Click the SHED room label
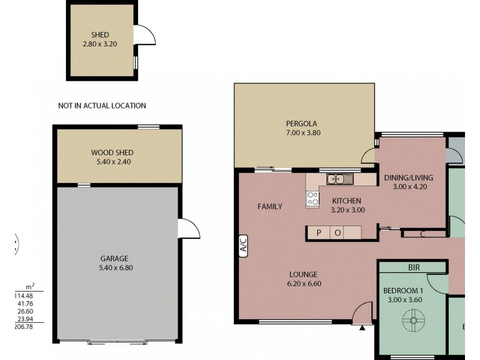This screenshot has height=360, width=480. (100, 34)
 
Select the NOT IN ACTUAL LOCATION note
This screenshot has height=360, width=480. (102, 106)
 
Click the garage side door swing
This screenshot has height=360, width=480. (189, 229)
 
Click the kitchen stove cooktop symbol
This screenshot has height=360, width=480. (313, 199)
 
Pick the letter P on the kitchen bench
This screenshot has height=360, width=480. (319, 233)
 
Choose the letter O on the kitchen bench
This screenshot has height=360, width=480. (337, 233)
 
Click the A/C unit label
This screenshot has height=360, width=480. (244, 245)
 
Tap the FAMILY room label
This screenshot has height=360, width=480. (269, 206)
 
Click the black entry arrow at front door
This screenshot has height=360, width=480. (362, 328)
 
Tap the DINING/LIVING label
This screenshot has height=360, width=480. (409, 178)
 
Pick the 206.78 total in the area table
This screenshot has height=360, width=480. (23, 327)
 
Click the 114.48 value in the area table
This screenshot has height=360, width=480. (23, 295)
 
